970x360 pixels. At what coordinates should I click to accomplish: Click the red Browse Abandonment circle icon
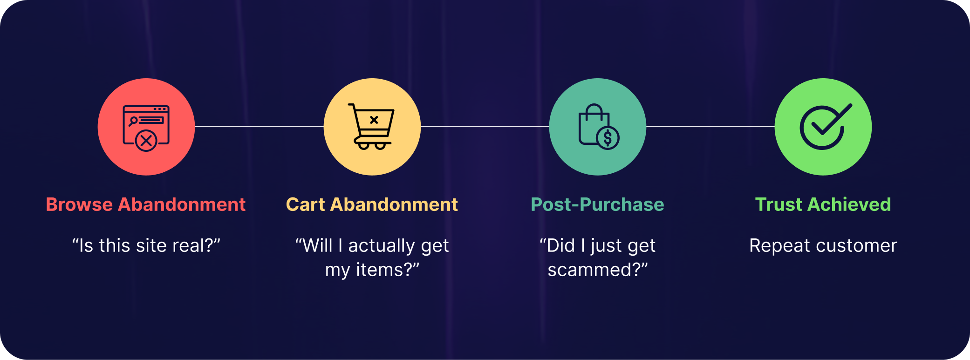(146, 127)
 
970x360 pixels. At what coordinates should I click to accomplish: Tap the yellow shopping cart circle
(372, 127)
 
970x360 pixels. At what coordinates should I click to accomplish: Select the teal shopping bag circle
(598, 127)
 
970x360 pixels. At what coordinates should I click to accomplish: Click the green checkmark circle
(823, 127)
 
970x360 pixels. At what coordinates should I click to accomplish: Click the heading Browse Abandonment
(146, 204)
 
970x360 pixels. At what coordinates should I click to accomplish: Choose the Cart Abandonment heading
(372, 204)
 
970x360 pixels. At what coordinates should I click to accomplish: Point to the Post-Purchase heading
(598, 204)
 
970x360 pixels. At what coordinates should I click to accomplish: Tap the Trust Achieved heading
(823, 204)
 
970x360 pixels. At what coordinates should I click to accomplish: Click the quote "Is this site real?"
(146, 245)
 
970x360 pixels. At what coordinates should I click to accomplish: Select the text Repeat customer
(823, 246)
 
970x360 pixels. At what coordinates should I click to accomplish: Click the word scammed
(589, 270)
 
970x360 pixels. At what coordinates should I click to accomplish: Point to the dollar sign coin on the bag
(608, 138)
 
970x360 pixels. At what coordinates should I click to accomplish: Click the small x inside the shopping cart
(374, 120)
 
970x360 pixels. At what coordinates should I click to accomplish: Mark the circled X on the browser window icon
(146, 140)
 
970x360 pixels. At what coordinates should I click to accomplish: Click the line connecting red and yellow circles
(259, 126)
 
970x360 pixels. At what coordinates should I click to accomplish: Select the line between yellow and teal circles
(485, 126)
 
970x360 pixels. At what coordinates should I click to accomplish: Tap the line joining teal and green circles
(710, 126)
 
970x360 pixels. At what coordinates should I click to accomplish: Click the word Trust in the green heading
(779, 204)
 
